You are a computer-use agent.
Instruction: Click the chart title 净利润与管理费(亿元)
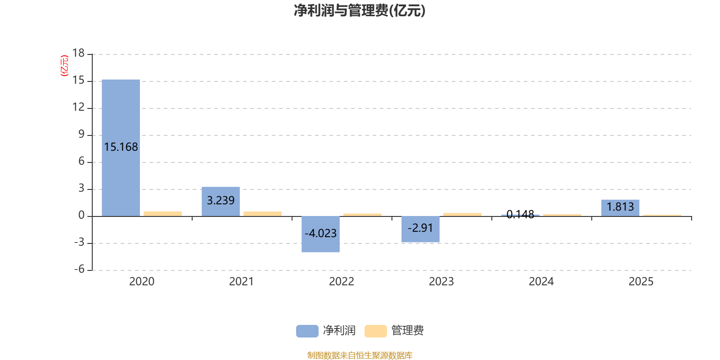[x=360, y=11]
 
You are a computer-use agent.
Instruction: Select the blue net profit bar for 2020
[x=121, y=148]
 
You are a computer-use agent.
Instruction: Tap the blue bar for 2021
[x=221, y=202]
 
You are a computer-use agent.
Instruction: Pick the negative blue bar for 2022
[x=320, y=234]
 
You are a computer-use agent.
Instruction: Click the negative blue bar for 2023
[x=420, y=229]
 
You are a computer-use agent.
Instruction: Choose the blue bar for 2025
[x=621, y=208]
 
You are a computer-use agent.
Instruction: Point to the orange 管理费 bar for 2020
[x=162, y=214]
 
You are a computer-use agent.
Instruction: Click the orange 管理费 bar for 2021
[x=263, y=214]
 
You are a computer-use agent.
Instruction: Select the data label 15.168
[x=121, y=147]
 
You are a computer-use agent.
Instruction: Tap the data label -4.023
[x=320, y=233]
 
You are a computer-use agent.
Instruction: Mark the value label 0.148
[x=520, y=214]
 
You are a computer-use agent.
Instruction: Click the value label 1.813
[x=621, y=207]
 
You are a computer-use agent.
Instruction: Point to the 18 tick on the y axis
[x=78, y=53]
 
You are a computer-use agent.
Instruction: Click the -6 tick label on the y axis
[x=79, y=269]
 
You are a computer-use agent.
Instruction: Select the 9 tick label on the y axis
[x=81, y=134]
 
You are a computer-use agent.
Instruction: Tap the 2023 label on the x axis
[x=441, y=282]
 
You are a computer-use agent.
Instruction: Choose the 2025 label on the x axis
[x=641, y=282]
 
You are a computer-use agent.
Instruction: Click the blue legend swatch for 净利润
[x=307, y=331]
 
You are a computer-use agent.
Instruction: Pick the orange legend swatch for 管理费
[x=375, y=331]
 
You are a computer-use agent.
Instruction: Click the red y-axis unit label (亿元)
[x=65, y=66]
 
